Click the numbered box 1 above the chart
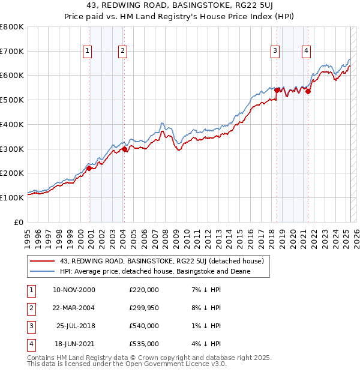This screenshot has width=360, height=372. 88,52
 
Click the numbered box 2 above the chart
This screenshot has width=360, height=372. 122,52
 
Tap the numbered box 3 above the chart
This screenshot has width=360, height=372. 275,52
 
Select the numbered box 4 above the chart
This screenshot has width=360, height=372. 306,52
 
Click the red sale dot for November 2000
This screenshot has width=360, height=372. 89,168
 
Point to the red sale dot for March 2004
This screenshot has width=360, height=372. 124,149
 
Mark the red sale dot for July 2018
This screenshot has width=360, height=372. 277,90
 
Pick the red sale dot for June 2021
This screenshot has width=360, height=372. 308,91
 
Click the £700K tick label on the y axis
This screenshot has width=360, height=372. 12,51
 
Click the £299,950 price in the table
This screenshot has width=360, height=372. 144,308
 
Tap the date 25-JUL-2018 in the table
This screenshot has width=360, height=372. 76,326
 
